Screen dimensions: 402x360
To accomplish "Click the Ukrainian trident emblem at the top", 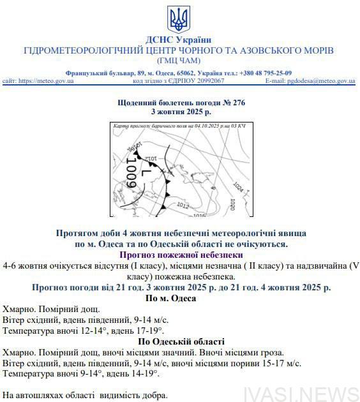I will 179,19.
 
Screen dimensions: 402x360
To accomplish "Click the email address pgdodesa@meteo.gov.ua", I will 320,81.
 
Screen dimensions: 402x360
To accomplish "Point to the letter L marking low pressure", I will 145,172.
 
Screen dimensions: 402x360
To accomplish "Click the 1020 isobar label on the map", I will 233,205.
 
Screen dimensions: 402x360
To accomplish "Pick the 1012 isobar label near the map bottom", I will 183,205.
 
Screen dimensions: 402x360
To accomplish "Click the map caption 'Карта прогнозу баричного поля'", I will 147,126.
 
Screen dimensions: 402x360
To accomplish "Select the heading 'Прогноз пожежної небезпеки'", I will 181,255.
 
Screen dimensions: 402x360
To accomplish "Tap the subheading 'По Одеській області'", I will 180,341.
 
